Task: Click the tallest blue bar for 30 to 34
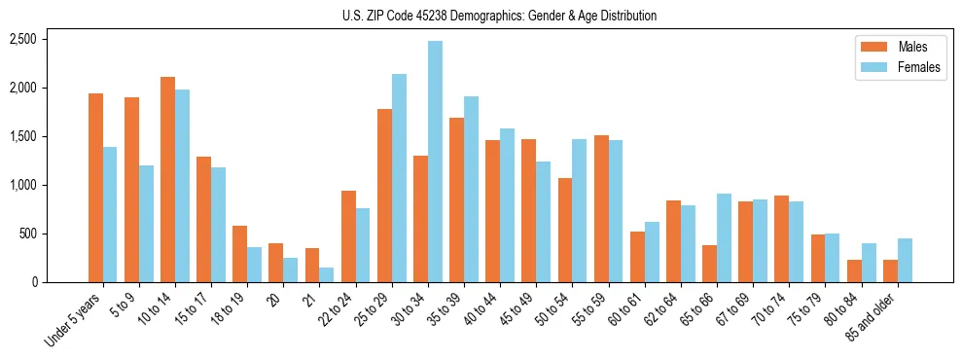coord(435,162)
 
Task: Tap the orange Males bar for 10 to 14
coord(167,180)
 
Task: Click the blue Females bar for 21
coord(326,274)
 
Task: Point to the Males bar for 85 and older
coord(890,270)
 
